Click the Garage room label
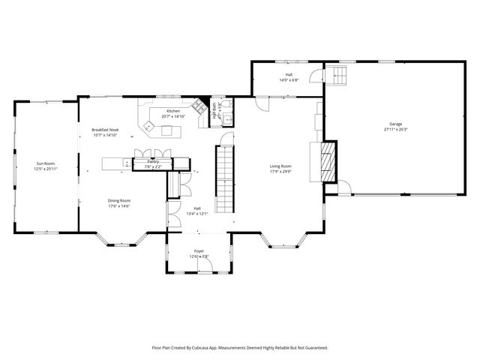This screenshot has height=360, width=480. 394,124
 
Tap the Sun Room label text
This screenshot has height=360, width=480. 46,163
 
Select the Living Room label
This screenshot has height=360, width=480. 280,166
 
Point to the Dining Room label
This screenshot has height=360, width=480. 119,200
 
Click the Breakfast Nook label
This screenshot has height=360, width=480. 106,130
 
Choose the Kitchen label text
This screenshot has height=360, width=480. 173,111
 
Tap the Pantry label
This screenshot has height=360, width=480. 153,161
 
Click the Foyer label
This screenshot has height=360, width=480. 199,251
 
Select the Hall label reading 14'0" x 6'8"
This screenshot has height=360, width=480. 289,74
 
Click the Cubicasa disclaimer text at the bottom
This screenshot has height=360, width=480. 240,347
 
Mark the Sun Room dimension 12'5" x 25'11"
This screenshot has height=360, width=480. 46,169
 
